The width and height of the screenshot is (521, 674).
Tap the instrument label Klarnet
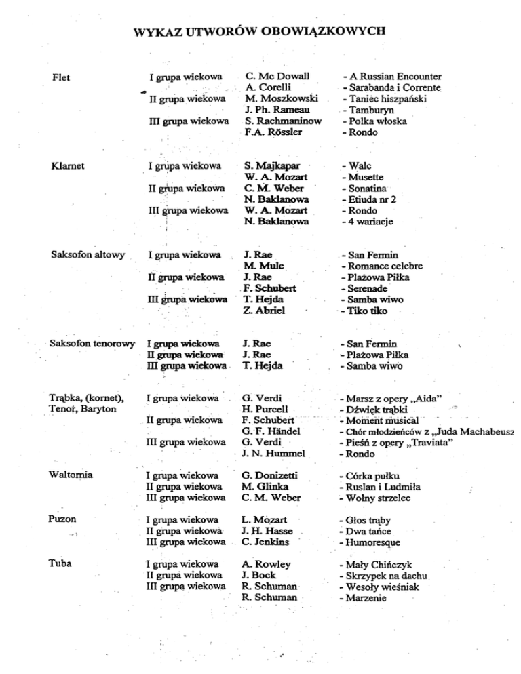(x=68, y=165)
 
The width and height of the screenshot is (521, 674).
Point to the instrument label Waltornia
(x=72, y=475)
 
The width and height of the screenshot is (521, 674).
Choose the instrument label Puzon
(x=63, y=519)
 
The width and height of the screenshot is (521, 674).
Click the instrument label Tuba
(x=61, y=564)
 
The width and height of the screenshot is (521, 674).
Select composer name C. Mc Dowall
(x=277, y=77)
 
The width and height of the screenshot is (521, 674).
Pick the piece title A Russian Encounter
(x=395, y=77)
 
